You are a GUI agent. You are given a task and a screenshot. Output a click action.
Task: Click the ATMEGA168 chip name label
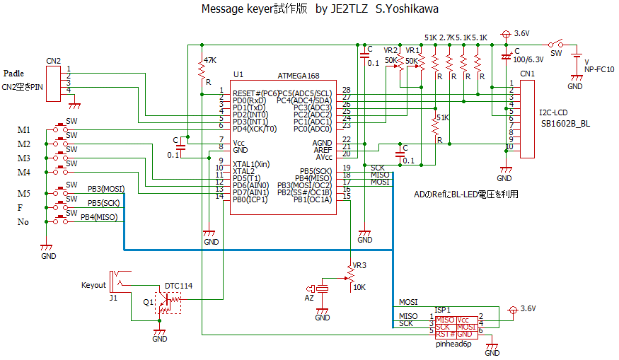(299, 75)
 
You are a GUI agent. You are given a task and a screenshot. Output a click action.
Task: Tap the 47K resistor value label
(209, 59)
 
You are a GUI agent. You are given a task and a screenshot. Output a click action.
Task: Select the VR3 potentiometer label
(359, 265)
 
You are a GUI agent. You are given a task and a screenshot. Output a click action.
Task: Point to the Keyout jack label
(93, 286)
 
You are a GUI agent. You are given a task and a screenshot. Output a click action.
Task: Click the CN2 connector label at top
(53, 60)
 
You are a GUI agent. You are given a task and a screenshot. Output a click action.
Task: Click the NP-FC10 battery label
(598, 69)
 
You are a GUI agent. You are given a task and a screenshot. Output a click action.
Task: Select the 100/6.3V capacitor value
(528, 59)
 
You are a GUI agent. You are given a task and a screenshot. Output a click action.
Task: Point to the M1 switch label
(23, 130)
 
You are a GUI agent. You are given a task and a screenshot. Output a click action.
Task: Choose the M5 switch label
(23, 194)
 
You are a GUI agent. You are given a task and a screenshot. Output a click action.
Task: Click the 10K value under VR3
(359, 287)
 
